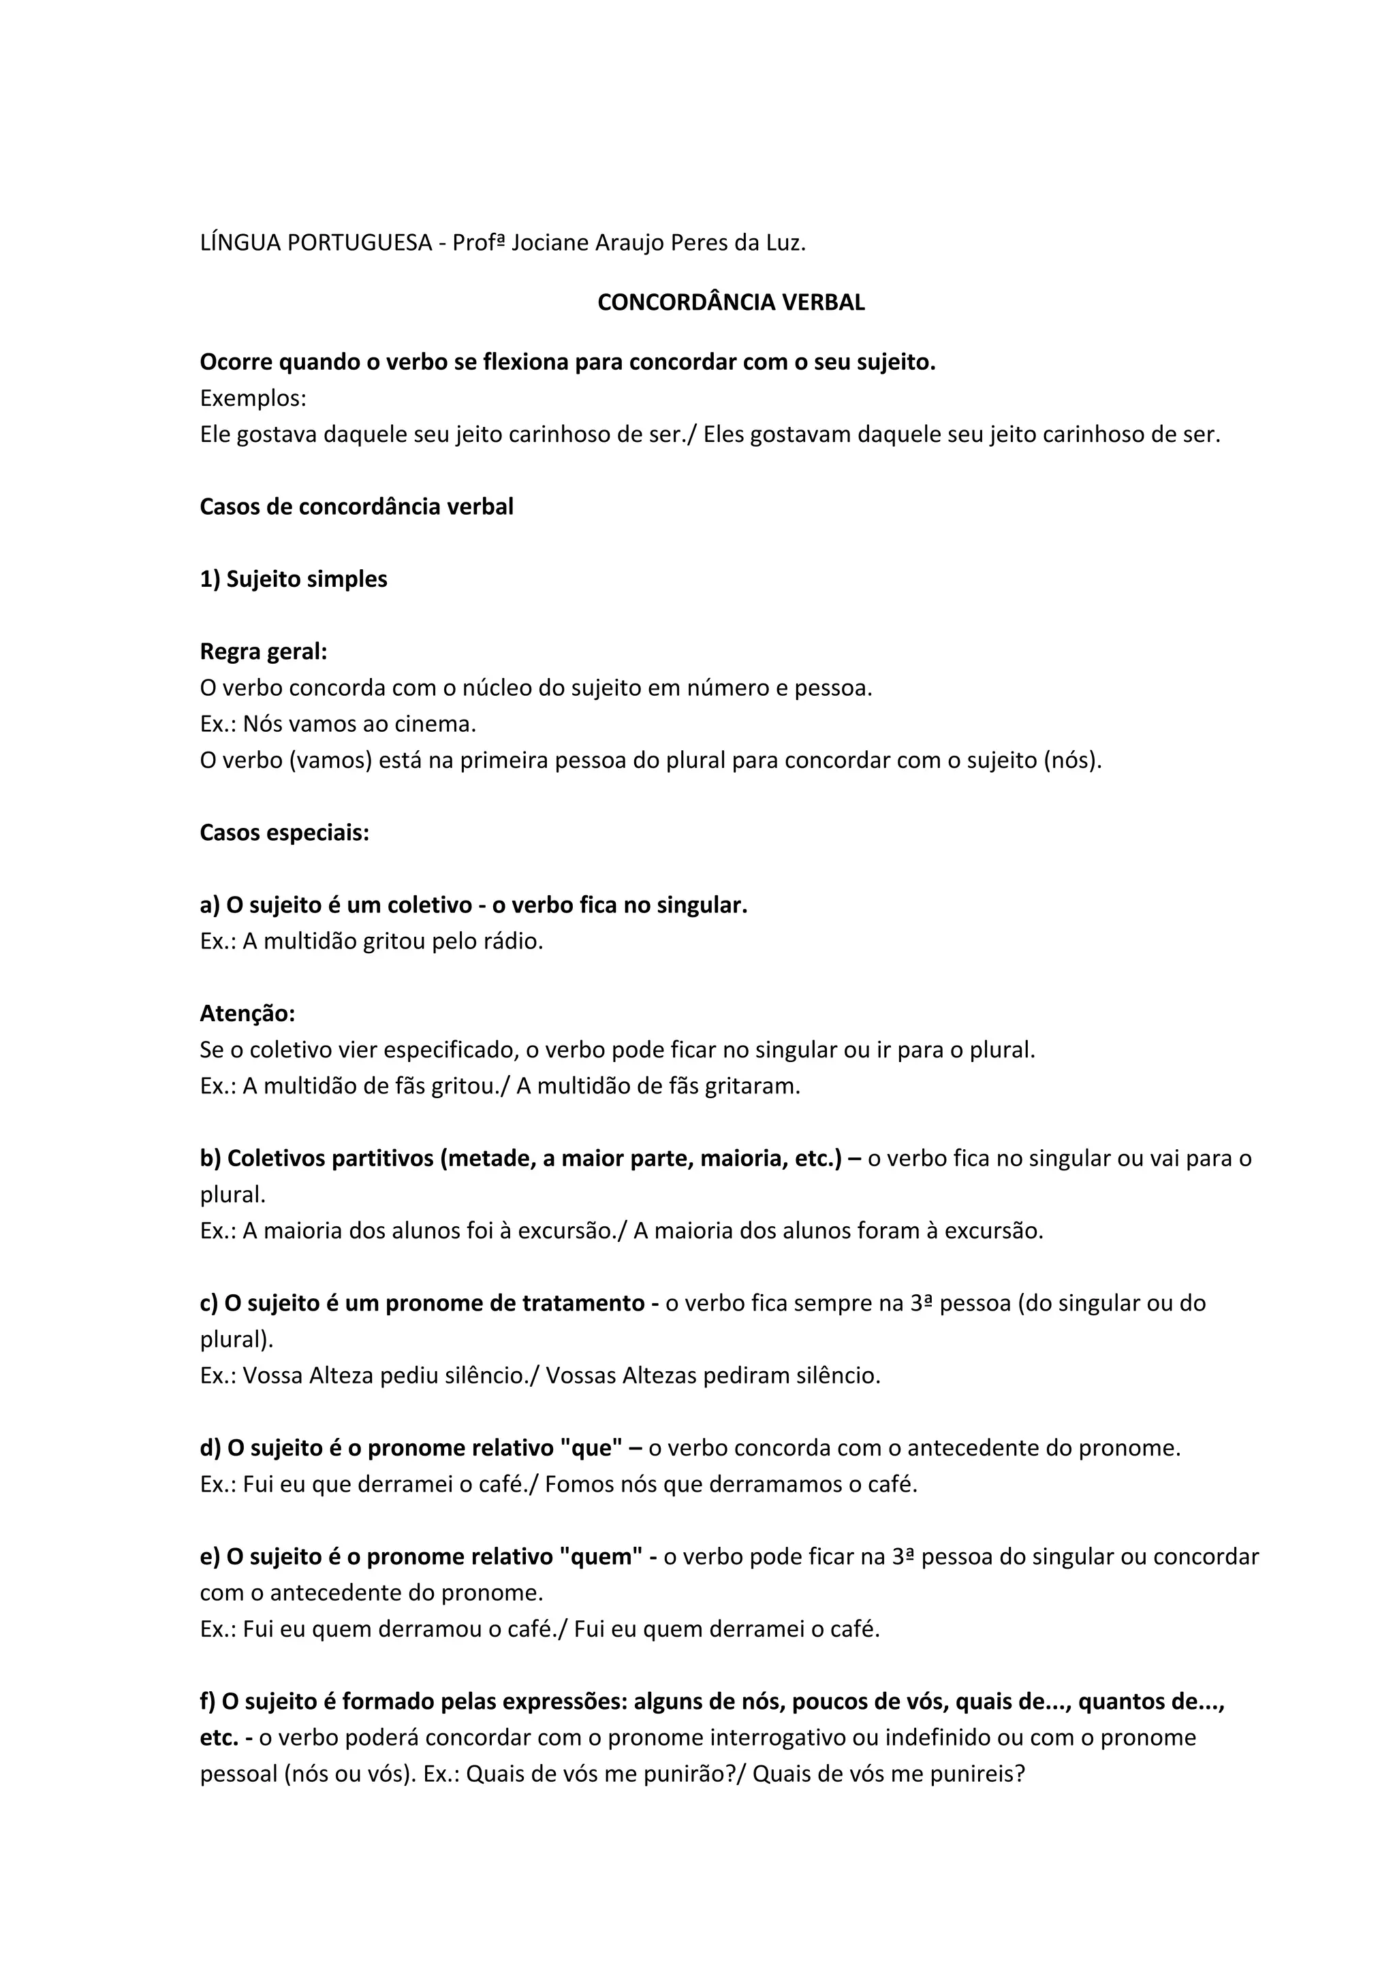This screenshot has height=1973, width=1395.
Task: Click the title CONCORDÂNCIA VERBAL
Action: [x=731, y=302]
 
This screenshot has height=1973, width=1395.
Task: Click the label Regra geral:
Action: [x=263, y=652]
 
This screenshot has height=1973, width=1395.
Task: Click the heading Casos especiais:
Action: [x=285, y=833]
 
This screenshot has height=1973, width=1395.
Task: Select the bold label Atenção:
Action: [x=247, y=1014]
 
